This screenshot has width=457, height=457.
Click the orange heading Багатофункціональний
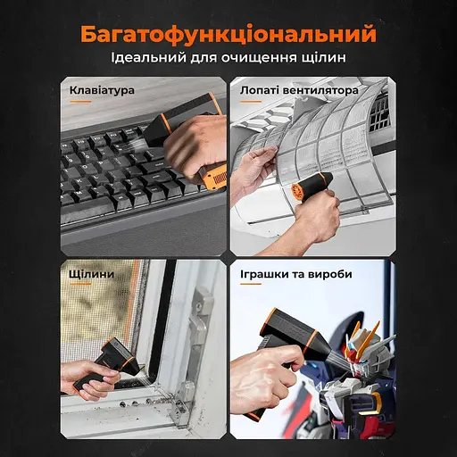point(228,35)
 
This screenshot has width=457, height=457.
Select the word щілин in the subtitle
point(323,57)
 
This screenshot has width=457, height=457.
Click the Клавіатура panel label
point(102,90)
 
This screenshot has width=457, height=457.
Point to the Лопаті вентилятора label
point(299,90)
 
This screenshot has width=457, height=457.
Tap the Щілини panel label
point(92,274)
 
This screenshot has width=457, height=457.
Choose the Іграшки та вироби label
point(296,274)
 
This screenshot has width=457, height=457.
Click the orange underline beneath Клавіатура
point(80,102)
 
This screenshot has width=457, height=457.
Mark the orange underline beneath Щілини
point(80,284)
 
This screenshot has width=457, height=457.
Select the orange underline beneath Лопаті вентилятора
point(251,102)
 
